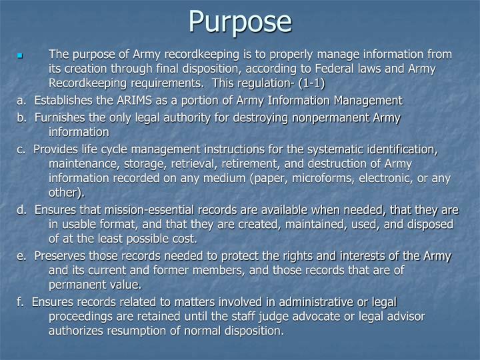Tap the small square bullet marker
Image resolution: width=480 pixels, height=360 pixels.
21,55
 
